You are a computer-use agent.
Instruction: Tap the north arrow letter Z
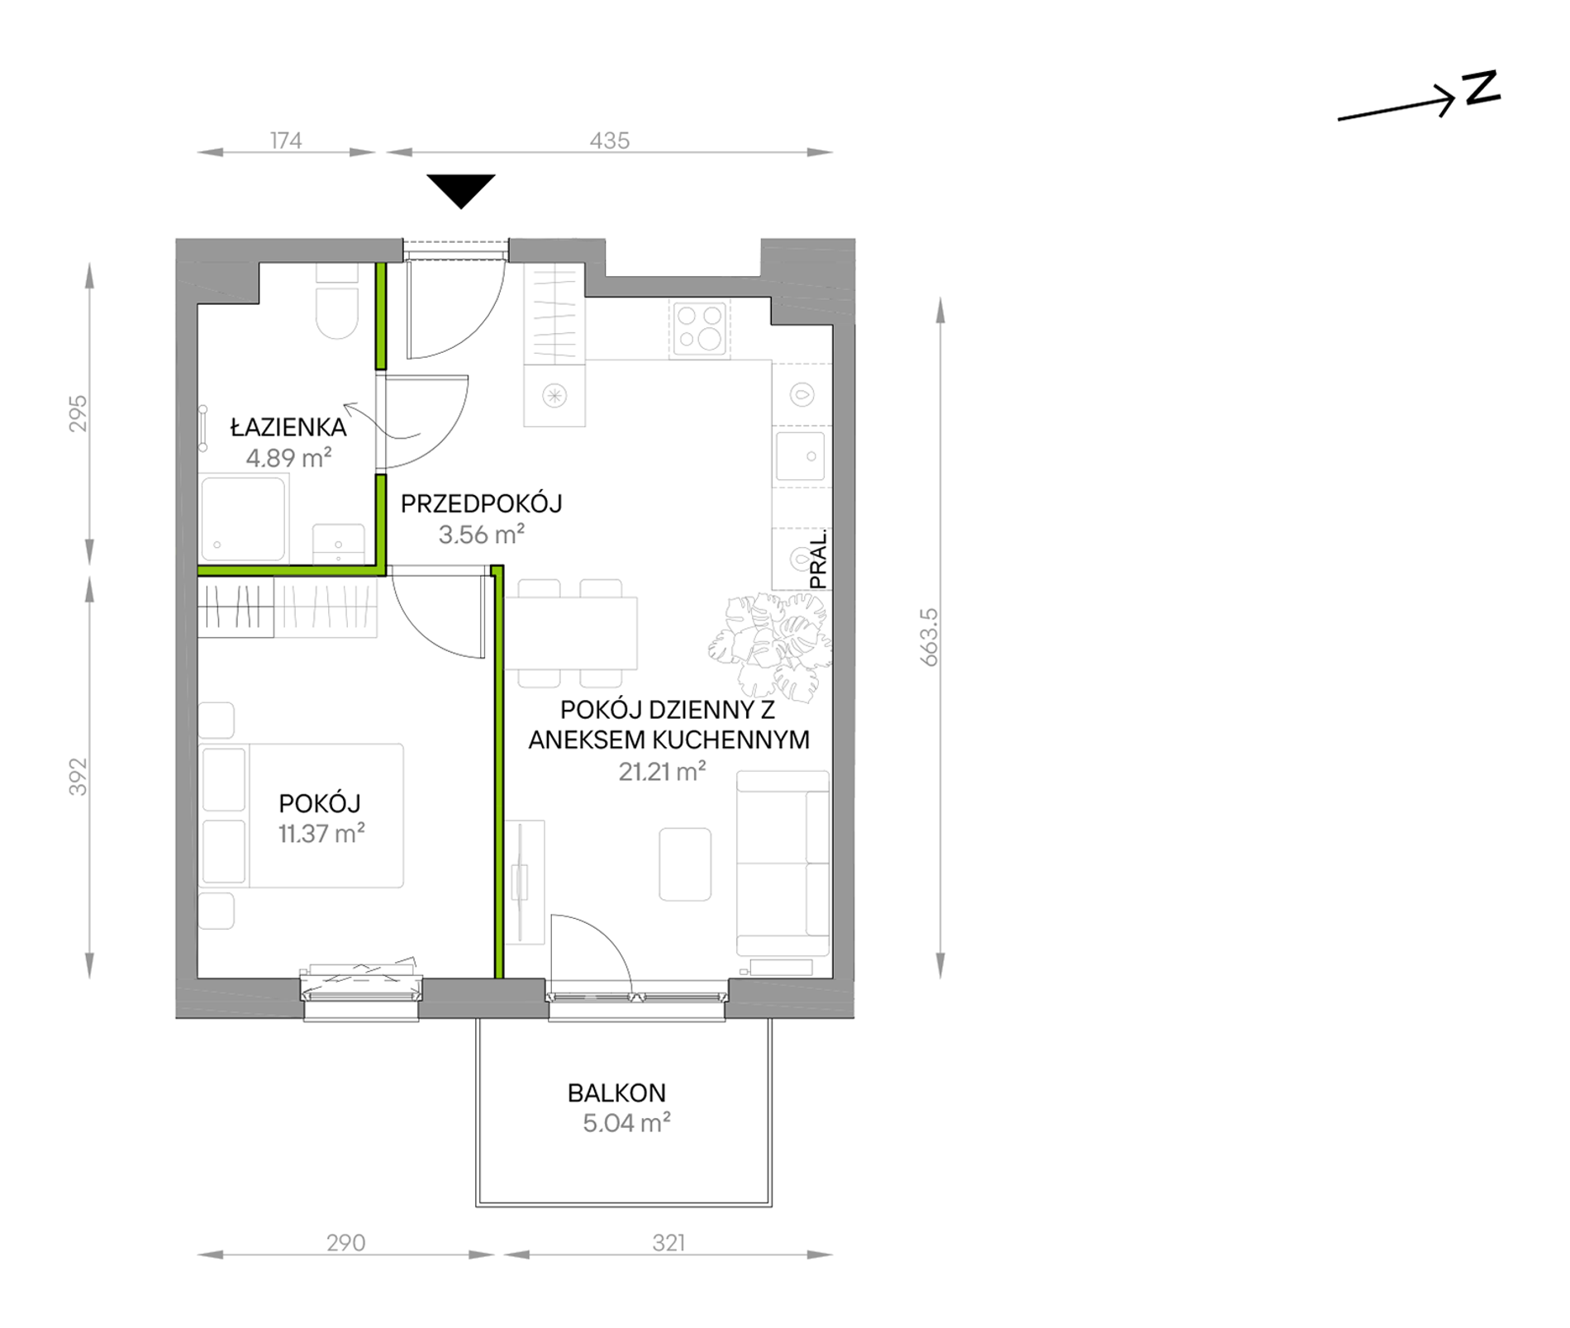click(1482, 88)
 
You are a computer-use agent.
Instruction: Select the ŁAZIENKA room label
click(288, 427)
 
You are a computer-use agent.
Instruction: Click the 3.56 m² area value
click(482, 535)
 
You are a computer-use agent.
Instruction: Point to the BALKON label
click(616, 1093)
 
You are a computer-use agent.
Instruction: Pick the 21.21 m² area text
click(662, 771)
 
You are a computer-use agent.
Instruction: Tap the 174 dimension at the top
click(286, 140)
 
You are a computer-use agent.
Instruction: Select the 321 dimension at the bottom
click(668, 1243)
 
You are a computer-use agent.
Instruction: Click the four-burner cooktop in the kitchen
click(700, 328)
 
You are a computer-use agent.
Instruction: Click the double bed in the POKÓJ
click(302, 816)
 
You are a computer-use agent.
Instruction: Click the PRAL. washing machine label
click(818, 559)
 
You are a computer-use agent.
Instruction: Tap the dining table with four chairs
click(571, 633)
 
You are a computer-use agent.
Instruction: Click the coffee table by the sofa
click(685, 864)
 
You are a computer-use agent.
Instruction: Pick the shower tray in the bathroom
click(243, 518)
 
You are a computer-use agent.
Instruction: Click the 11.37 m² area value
click(321, 833)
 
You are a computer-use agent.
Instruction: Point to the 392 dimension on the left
click(78, 777)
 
